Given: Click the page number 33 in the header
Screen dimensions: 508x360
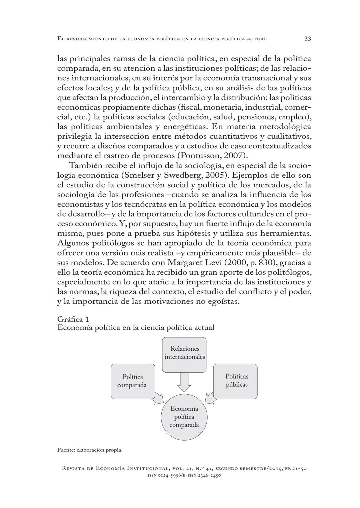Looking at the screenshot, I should click(x=307, y=39).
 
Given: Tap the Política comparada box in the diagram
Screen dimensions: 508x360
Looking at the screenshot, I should click(x=133, y=381).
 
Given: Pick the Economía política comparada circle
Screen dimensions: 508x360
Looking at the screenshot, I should click(x=184, y=417).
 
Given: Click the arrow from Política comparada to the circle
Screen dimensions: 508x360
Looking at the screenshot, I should click(x=158, y=399).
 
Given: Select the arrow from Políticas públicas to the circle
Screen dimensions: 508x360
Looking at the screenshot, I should click(x=210, y=398).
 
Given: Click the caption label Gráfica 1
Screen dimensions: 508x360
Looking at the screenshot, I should click(x=73, y=319).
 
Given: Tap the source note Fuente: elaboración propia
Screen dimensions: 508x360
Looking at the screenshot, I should click(x=90, y=450).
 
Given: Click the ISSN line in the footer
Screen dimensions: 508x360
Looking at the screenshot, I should click(x=184, y=475).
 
